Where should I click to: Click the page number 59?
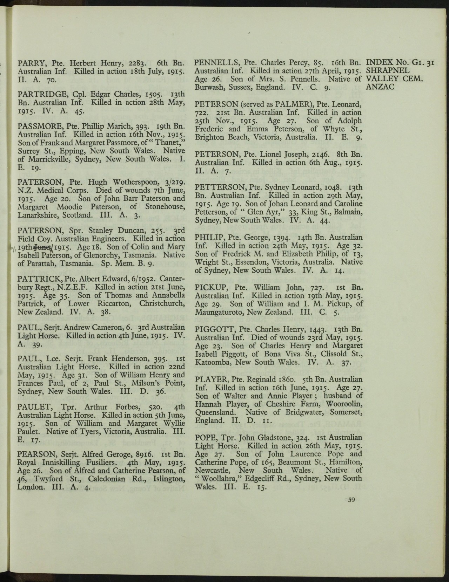pyautogui.click(x=351, y=500)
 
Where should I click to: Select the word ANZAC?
pyautogui.click(x=380, y=87)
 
